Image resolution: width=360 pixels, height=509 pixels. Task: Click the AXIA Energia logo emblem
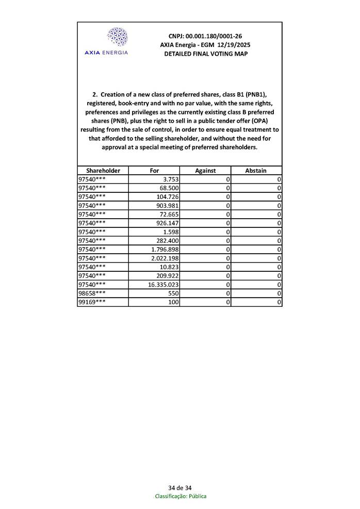tap(117, 37)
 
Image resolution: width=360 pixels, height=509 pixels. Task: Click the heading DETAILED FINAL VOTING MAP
tap(205, 54)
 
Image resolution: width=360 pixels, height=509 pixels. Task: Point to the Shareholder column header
tap(103, 170)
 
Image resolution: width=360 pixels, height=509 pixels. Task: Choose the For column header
tap(154, 170)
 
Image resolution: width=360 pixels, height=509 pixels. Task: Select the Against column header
tap(205, 170)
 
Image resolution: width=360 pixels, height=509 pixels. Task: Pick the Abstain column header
tap(256, 170)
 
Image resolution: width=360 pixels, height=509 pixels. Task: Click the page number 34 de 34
tap(180, 488)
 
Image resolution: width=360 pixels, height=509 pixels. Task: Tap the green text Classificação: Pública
tap(181, 496)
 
